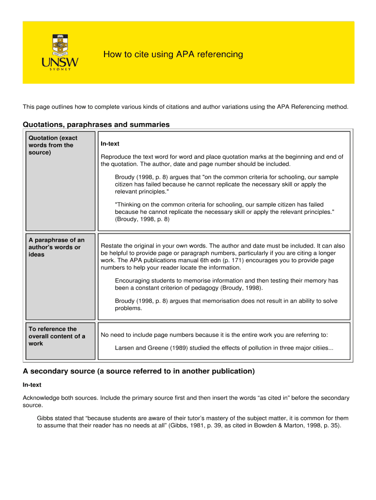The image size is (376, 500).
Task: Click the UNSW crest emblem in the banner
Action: click(x=60, y=45)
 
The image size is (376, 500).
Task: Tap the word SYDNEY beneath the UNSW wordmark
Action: click(x=60, y=69)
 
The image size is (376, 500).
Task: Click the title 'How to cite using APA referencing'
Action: click(x=173, y=54)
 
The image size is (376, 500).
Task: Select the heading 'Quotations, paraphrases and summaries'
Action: click(x=96, y=125)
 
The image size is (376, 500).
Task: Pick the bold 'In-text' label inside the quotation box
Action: click(x=110, y=144)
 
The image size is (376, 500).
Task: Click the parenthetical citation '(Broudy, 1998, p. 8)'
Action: click(x=142, y=219)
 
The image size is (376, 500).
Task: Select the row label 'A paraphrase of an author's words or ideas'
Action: click(x=56, y=247)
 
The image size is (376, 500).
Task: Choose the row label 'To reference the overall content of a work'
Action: click(x=57, y=336)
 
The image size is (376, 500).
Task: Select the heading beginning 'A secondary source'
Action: click(x=139, y=371)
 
